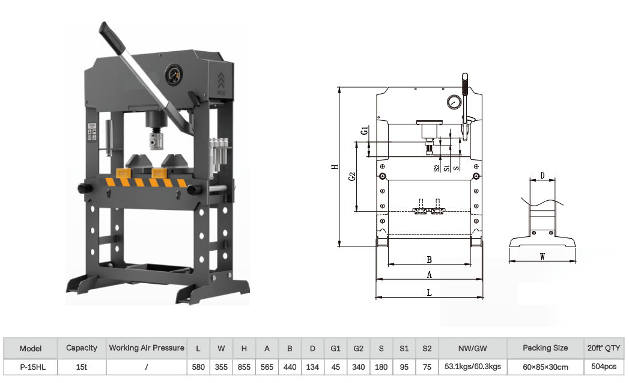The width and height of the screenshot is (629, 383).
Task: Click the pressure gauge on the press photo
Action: [x=174, y=75]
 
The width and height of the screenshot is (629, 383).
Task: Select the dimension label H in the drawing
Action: [x=335, y=167]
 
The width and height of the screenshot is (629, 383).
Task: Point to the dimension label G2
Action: [x=352, y=176]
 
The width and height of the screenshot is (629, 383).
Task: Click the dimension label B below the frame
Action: [x=429, y=259]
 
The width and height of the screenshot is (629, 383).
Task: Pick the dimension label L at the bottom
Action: [x=429, y=293]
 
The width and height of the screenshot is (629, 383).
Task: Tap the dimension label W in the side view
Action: [x=542, y=256]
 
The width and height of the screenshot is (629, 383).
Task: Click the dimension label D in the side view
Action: [x=542, y=176]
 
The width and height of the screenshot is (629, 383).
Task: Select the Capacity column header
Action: [x=82, y=348]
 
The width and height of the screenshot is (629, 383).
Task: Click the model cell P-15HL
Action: [x=33, y=367]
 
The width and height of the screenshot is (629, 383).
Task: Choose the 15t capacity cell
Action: [x=82, y=367]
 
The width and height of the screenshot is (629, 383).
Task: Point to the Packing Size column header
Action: [x=545, y=348]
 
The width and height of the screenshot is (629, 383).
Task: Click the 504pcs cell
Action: [x=604, y=367]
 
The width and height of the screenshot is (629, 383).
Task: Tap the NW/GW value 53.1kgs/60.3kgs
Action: [x=473, y=367]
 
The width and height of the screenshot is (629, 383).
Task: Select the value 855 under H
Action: [x=244, y=367]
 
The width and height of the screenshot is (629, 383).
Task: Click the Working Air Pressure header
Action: [x=147, y=348]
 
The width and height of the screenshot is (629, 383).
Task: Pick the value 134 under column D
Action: [x=312, y=367]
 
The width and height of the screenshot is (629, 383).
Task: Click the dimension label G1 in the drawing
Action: [x=364, y=130]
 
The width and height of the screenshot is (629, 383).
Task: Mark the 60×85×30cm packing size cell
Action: [x=545, y=367]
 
